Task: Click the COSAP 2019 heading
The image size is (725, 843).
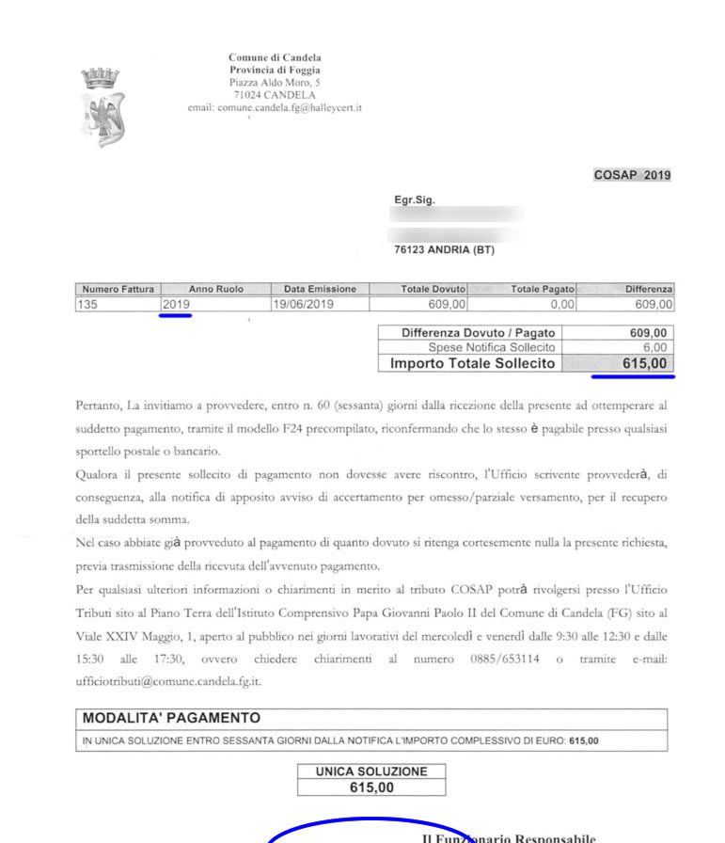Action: tap(632, 176)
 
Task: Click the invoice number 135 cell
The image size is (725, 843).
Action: tap(89, 304)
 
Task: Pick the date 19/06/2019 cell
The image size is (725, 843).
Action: tap(303, 304)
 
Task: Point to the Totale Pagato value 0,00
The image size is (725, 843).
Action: tap(562, 304)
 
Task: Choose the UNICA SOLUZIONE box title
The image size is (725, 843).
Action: tap(370, 771)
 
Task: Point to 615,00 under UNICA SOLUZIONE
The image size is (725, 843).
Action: tap(370, 787)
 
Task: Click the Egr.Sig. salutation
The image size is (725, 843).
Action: tap(415, 200)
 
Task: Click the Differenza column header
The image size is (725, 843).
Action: tap(649, 289)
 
